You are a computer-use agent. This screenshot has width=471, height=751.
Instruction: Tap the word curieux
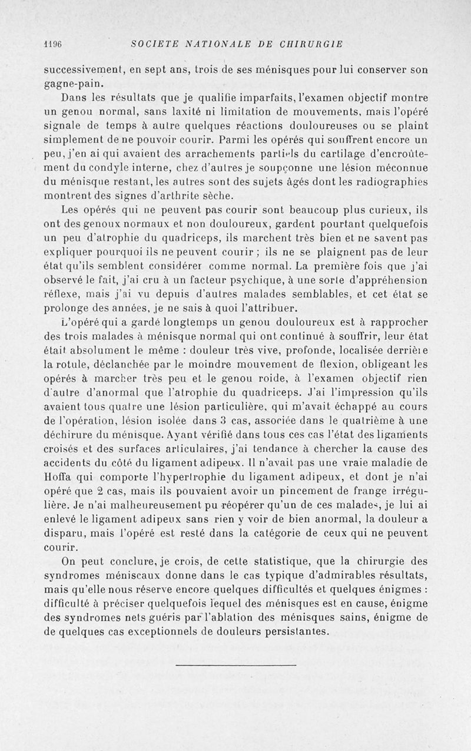[x=383, y=210]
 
